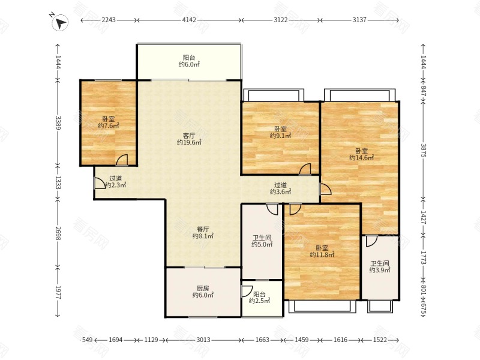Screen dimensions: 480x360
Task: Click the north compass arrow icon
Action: point(60,23)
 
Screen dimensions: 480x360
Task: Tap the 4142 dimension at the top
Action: point(189,20)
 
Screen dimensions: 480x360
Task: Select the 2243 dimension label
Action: point(109,20)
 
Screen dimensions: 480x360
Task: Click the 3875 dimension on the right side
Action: point(423,150)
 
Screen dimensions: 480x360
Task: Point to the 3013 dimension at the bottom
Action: point(203,340)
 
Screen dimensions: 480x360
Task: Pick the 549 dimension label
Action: point(88,340)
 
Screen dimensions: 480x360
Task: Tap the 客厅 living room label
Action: point(189,136)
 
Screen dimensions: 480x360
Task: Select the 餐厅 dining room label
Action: point(203,229)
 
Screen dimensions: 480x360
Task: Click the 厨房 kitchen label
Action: point(203,288)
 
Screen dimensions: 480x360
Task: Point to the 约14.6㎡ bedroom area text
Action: point(362,158)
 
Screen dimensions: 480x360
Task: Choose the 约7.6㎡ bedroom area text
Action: point(109,125)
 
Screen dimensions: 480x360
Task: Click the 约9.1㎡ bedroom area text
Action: point(280,136)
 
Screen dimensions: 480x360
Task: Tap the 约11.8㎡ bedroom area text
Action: point(322,254)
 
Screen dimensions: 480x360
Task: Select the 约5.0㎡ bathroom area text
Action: point(262,244)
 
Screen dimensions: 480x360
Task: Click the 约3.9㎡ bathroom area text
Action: point(380,270)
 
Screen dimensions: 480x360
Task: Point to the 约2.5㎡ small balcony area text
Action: point(259,301)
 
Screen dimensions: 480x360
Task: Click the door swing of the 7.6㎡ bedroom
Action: point(122,160)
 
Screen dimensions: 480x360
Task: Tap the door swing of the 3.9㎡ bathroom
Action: point(371,241)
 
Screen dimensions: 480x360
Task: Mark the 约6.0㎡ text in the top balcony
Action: point(189,64)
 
